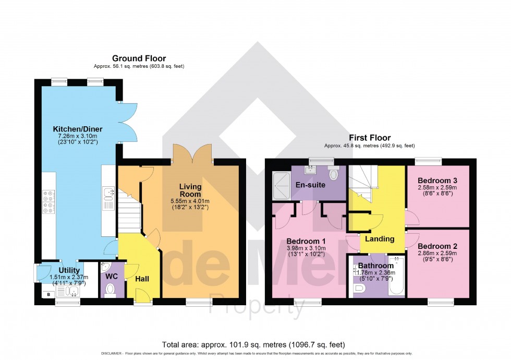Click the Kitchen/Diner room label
tap(78, 129)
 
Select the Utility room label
tap(69, 270)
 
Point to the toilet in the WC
tap(110, 289)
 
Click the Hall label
tap(142, 279)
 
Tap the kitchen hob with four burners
tap(48, 202)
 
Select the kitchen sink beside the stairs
tap(109, 194)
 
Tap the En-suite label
tap(310, 185)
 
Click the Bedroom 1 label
tap(306, 241)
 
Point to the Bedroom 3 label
tap(438, 181)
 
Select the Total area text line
tap(253, 344)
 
